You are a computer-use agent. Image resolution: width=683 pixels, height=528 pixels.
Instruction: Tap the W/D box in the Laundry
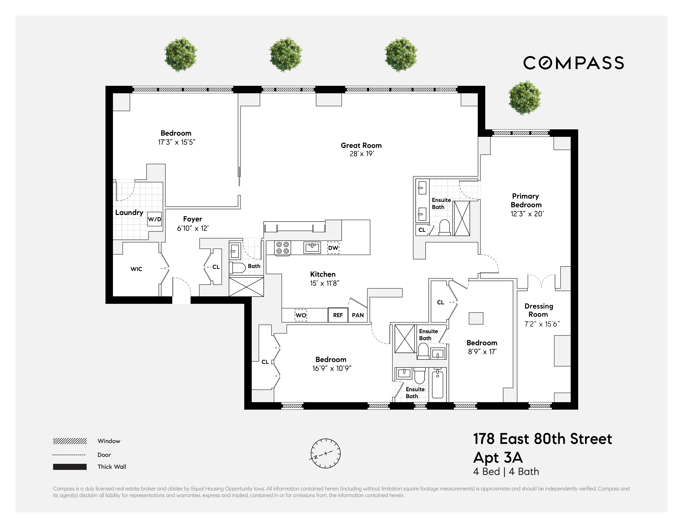pos(155,219)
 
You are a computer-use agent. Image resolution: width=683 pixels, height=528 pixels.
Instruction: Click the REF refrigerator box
pos(338,315)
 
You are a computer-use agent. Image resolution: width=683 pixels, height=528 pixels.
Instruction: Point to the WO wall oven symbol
pos(301,315)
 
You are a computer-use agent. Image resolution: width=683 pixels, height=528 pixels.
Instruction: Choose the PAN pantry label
pos(358,315)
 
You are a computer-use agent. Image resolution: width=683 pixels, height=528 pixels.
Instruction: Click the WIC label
pos(136,269)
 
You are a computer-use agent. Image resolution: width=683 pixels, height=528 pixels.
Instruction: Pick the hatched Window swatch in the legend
pos(70,441)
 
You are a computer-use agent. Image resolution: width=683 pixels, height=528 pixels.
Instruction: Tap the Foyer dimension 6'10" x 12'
pos(193,228)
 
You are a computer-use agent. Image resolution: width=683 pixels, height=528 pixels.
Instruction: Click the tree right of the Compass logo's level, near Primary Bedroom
pos(525,98)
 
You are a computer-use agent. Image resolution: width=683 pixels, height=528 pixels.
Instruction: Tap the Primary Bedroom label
pos(526,200)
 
